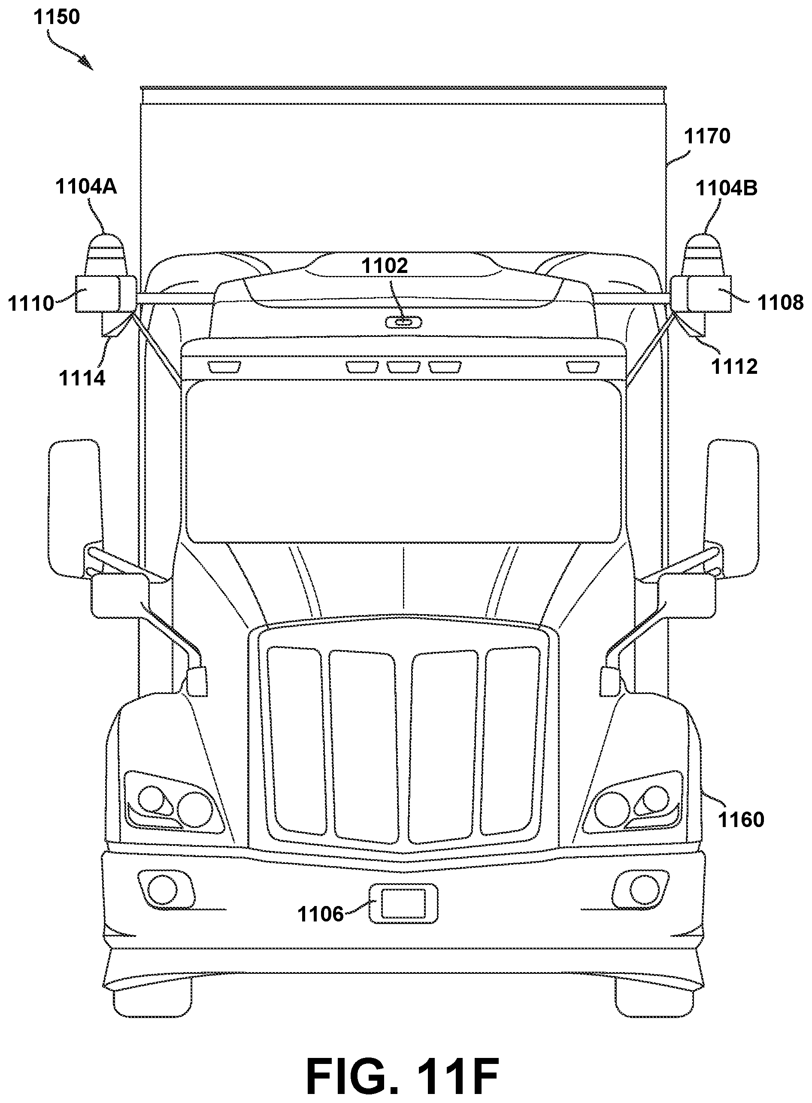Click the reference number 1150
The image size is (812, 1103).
point(57,17)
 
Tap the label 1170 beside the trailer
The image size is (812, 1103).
point(707,136)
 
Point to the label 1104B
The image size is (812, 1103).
point(727,188)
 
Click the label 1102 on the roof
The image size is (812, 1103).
point(385,266)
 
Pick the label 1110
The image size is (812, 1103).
point(30,303)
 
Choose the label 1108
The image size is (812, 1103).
point(781,302)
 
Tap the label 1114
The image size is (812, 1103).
point(82,379)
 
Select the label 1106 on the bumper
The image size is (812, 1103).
point(321,914)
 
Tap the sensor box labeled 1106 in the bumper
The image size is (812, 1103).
point(403,903)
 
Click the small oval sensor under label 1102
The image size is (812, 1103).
point(403,322)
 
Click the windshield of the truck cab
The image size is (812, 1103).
point(403,462)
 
